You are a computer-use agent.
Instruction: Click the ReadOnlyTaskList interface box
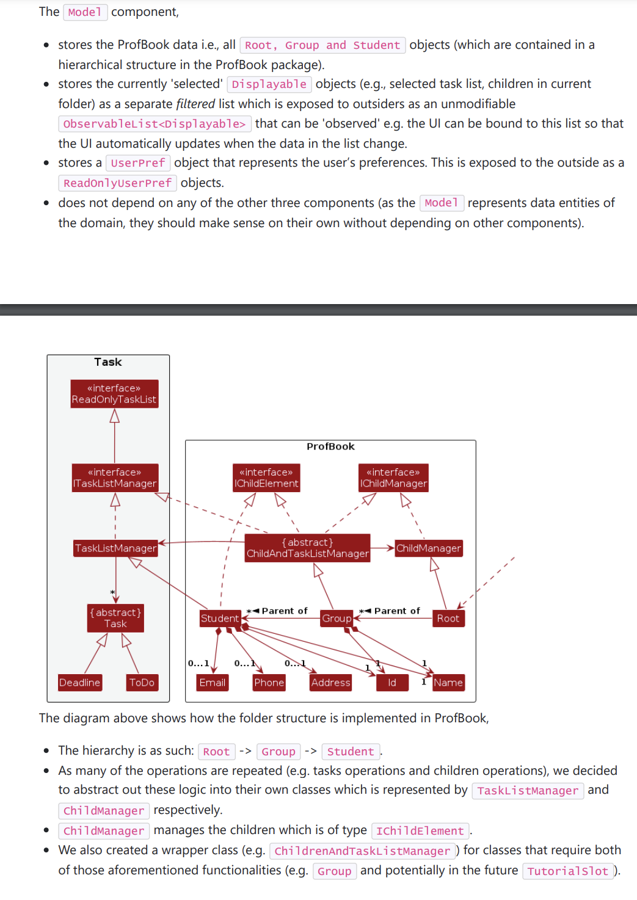click(114, 394)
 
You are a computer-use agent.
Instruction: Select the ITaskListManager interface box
click(115, 477)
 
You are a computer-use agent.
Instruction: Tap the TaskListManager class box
click(115, 548)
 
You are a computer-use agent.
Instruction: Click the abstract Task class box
click(115, 618)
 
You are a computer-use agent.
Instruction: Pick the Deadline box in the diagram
click(79, 683)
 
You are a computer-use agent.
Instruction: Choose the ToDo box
click(142, 683)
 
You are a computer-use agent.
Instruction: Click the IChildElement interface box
click(266, 477)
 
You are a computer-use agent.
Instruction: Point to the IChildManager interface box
click(393, 477)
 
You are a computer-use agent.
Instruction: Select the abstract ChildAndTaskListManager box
click(307, 548)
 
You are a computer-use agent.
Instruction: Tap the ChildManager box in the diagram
click(428, 548)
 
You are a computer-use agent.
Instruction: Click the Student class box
click(220, 619)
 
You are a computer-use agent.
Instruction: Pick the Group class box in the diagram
click(337, 619)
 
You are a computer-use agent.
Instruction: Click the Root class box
click(448, 619)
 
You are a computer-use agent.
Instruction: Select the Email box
click(213, 683)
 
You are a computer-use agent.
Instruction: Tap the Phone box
click(269, 683)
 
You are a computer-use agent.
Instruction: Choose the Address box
click(330, 683)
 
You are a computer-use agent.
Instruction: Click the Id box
click(392, 683)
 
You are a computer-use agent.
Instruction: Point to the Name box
click(448, 683)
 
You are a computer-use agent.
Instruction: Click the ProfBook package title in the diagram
click(330, 446)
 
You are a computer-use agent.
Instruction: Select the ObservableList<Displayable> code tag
click(155, 124)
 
